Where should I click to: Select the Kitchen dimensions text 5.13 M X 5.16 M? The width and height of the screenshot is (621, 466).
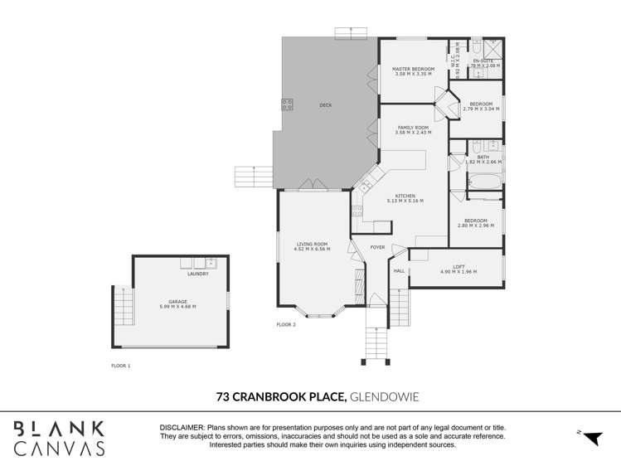click(405, 201)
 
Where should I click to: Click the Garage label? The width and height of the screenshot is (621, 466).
click(177, 302)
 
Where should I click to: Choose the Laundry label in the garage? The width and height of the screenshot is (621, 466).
click(197, 274)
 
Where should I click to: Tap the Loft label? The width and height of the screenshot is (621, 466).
click(458, 266)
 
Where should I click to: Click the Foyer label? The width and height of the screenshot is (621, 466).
click(377, 247)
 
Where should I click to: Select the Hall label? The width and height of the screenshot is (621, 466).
click(399, 270)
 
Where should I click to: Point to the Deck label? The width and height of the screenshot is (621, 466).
click(325, 105)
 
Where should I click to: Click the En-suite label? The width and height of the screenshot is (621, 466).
click(483, 61)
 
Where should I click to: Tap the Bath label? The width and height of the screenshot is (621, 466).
click(483, 157)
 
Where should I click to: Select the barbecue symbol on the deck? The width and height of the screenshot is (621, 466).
click(287, 104)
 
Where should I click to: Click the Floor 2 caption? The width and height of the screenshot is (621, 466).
click(285, 325)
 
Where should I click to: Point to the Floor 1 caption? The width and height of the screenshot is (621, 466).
click(121, 365)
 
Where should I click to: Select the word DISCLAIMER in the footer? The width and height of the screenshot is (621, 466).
click(182, 427)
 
